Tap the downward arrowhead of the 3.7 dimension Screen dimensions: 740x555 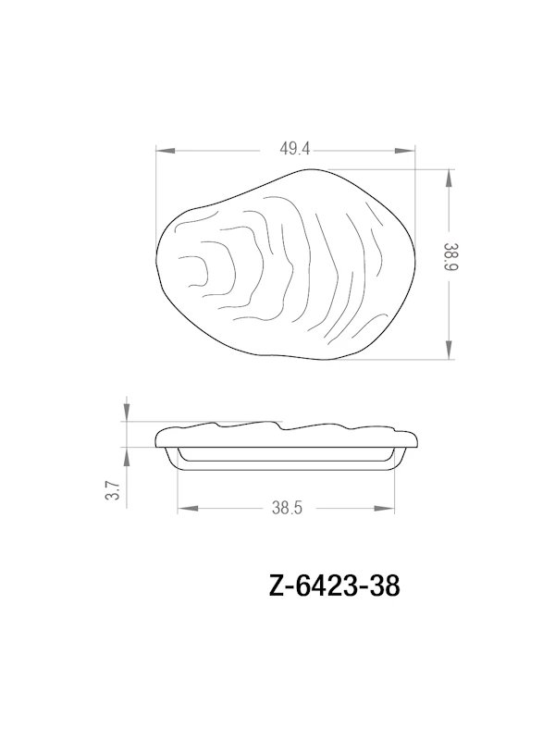127,415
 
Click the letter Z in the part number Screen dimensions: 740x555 275,587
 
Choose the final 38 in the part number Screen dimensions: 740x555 384,587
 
